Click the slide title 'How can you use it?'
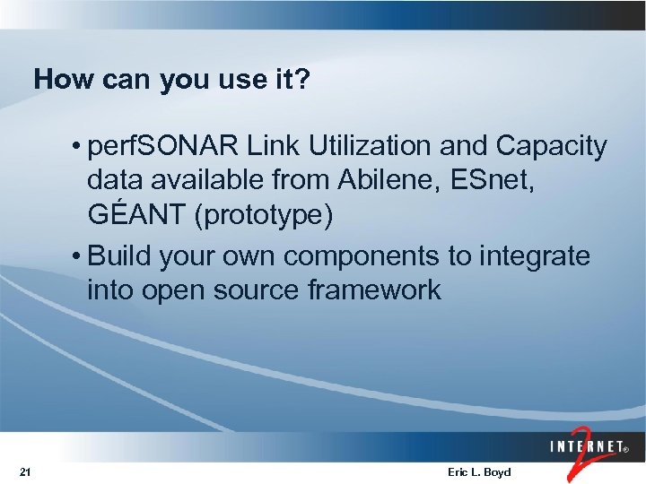point(171,80)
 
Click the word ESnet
point(502,182)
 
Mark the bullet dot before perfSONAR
point(80,147)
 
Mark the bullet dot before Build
point(80,257)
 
